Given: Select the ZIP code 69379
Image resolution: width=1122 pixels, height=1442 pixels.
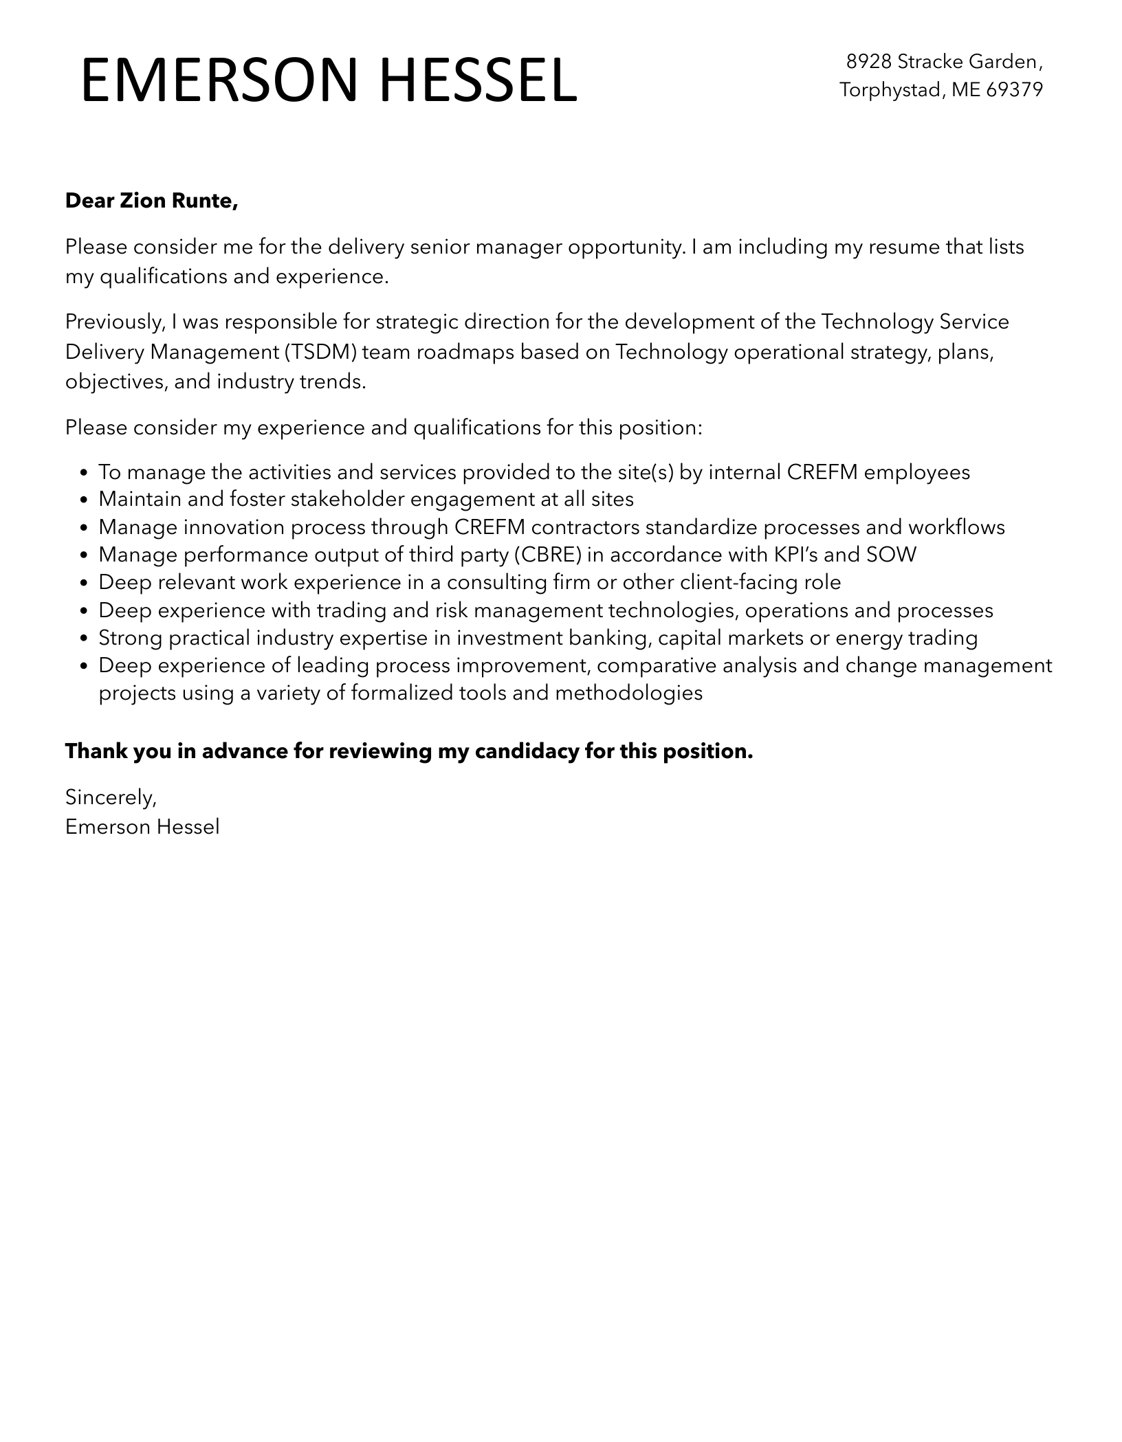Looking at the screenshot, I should coord(1015,90).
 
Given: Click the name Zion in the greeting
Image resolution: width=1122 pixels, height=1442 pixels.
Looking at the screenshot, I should coord(141,201).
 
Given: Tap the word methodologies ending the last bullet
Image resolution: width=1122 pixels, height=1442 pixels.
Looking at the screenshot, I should coord(628,693).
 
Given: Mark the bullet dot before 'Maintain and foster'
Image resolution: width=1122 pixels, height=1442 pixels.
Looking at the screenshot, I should coord(84,500).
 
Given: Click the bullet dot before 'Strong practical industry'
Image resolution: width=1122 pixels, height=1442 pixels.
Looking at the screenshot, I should coord(84,639).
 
